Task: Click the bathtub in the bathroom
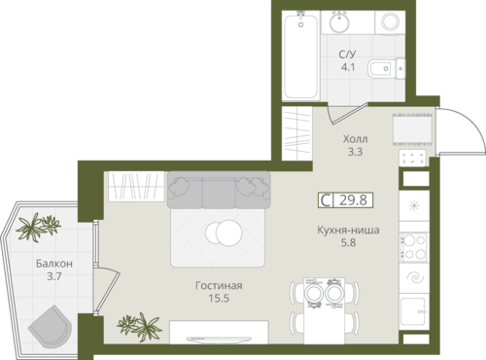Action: pos(301,55)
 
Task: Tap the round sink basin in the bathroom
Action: pos(339,22)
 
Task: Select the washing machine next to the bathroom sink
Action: pos(390,22)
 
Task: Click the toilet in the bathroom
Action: pos(386,69)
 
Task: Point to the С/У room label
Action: pos(347,54)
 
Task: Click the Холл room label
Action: pos(355,139)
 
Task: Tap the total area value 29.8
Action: pos(353,200)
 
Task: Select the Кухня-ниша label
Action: pos(348,231)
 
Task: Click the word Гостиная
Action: pos(219,285)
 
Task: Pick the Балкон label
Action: pos(54,264)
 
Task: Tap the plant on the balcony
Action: pos(38,227)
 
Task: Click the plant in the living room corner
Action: pos(139,326)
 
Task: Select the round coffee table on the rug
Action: pos(224,233)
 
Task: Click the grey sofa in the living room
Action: pos(219,190)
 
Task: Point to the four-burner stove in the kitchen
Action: pos(414,246)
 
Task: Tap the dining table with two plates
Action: pos(325,310)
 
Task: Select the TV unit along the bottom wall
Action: pos(219,332)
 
